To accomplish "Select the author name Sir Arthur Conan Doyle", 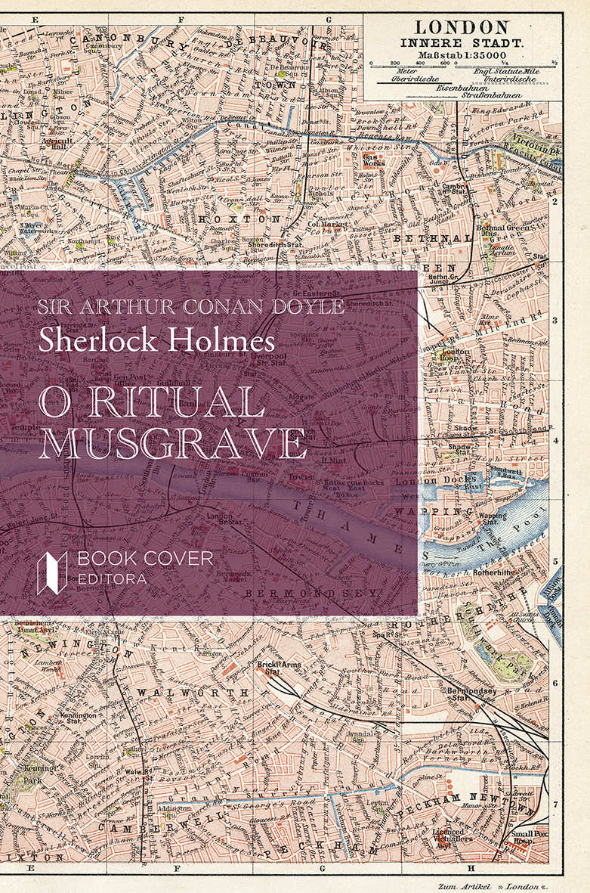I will [191, 307].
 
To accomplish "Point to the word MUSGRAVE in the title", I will [172, 444].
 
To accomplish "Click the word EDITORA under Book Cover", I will [116, 579].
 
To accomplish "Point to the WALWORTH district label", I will [193, 692].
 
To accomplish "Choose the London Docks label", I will [437, 479].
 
